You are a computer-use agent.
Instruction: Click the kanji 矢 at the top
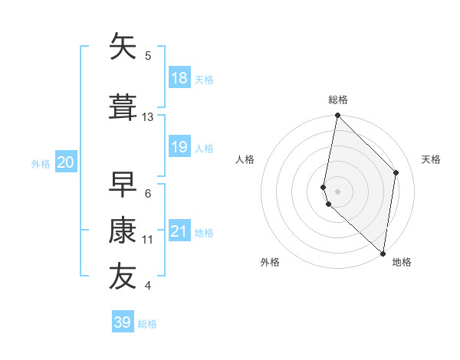pos(124,47)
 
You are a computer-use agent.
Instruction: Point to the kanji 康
pos(124,230)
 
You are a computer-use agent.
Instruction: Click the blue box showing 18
pos(179,78)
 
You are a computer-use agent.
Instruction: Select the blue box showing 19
pos(179,147)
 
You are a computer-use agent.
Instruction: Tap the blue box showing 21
pos(179,231)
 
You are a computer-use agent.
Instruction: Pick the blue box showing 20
pos(66,162)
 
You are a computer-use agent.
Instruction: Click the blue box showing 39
pos(123,322)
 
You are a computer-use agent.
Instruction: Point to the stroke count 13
pos(148,117)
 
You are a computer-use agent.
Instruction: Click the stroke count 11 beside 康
pos(148,240)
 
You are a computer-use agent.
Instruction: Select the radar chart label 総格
pos(338,100)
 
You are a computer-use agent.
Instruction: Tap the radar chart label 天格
pos(432,159)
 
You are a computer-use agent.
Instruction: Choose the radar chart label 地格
pos(402,263)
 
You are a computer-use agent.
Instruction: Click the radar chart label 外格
pos(270,263)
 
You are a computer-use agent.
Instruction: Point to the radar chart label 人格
pos(245,159)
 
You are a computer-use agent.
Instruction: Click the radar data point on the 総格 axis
pos(337,116)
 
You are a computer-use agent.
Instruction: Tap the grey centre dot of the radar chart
pos(337,191)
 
